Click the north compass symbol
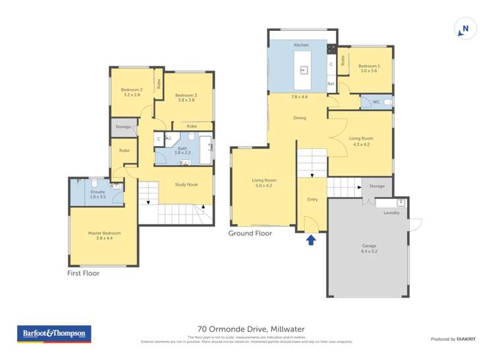click(x=465, y=29)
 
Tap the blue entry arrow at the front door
click(x=311, y=240)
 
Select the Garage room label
click(x=368, y=245)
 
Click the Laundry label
click(x=391, y=213)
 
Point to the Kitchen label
click(x=301, y=45)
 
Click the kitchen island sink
click(x=304, y=68)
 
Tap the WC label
click(x=375, y=102)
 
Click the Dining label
click(x=300, y=118)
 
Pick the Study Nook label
click(x=186, y=185)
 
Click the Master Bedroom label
click(x=104, y=233)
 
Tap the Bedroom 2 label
click(x=132, y=90)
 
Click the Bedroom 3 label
click(x=186, y=96)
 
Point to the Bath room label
click(x=182, y=149)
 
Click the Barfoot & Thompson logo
click(x=53, y=334)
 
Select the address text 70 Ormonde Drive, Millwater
click(x=251, y=329)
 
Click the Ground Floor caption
click(x=250, y=233)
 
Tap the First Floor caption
click(x=84, y=272)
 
